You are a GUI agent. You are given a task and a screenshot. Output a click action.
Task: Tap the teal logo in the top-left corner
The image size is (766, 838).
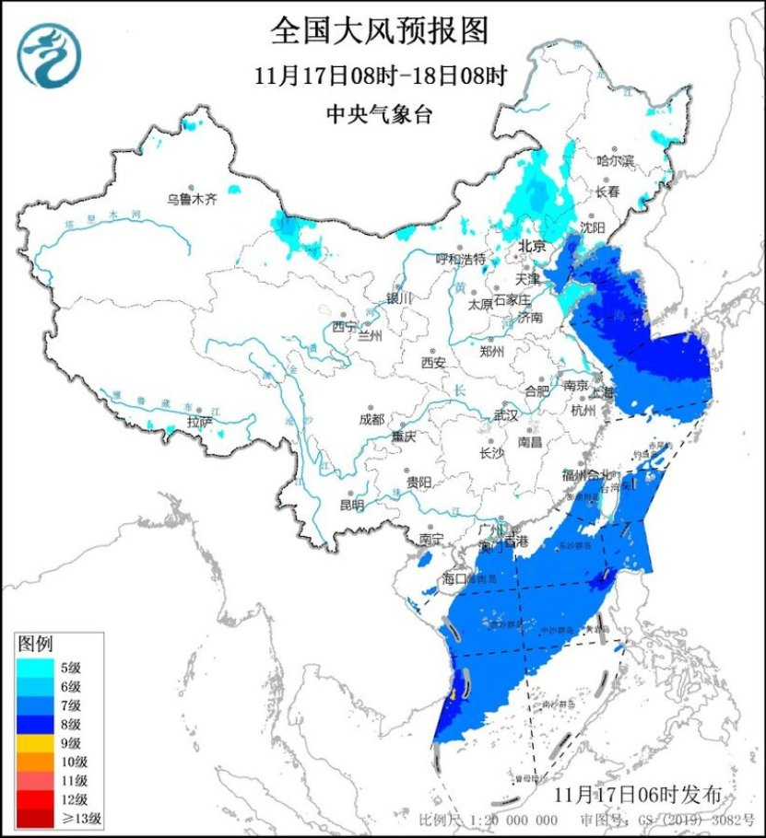point(52,54)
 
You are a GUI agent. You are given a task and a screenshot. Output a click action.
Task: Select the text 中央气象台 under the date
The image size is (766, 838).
point(379,114)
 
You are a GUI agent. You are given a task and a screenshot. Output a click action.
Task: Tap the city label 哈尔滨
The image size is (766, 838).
point(616,160)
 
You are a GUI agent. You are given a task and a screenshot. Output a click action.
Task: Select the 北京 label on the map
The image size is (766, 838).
point(532,246)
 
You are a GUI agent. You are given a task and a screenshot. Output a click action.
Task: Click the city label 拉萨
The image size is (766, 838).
point(199,422)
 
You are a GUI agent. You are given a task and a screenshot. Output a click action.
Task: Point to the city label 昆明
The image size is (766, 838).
point(352,504)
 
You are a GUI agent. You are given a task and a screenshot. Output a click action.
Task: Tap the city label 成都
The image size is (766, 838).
point(372,419)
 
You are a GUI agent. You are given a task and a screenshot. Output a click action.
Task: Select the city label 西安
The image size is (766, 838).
point(433,363)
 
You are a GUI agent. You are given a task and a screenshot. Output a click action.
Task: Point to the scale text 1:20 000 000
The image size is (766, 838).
point(511,820)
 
